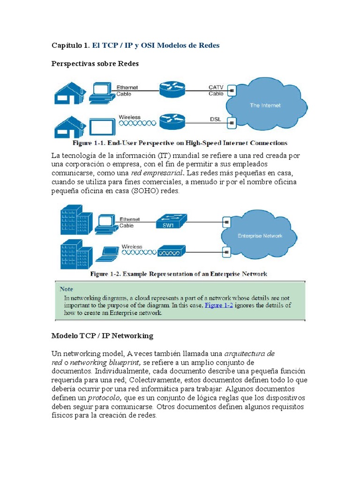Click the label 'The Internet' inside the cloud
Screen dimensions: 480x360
pyautogui.click(x=265, y=105)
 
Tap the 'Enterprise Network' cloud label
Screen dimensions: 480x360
pyautogui.click(x=260, y=236)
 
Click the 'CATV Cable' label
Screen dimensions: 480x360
pyautogui.click(x=216, y=90)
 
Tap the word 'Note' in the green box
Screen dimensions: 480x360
pyautogui.click(x=66, y=289)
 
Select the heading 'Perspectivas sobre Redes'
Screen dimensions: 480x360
pyautogui.click(x=95, y=64)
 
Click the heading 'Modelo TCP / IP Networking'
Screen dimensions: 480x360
pyautogui.click(x=102, y=336)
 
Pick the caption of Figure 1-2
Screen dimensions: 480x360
pyautogui.click(x=179, y=274)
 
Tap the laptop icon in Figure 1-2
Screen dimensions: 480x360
pyautogui.click(x=107, y=254)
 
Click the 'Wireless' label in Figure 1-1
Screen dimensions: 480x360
pyautogui.click(x=129, y=117)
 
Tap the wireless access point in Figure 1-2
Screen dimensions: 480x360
pyautogui.click(x=171, y=252)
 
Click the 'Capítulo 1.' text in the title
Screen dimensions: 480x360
pyautogui.click(x=70, y=45)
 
